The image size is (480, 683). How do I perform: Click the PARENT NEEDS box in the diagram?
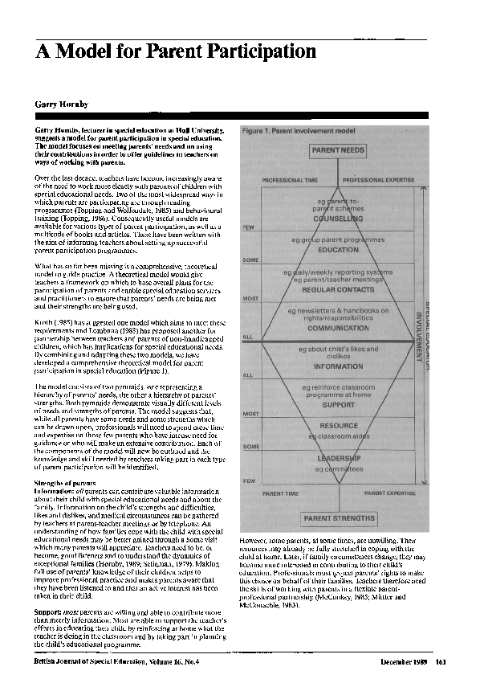(338, 150)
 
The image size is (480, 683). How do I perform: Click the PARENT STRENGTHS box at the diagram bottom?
(338, 519)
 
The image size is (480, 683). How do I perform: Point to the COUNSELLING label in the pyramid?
(338, 218)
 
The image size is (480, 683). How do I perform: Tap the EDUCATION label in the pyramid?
(338, 250)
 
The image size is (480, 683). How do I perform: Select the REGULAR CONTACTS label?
(338, 288)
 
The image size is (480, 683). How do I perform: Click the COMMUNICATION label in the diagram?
(338, 328)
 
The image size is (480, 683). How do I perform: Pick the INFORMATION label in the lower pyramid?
(338, 366)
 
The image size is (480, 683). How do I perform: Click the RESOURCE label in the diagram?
(338, 425)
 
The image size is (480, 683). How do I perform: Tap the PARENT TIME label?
(280, 493)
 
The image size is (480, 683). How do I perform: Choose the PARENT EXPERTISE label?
(393, 493)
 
